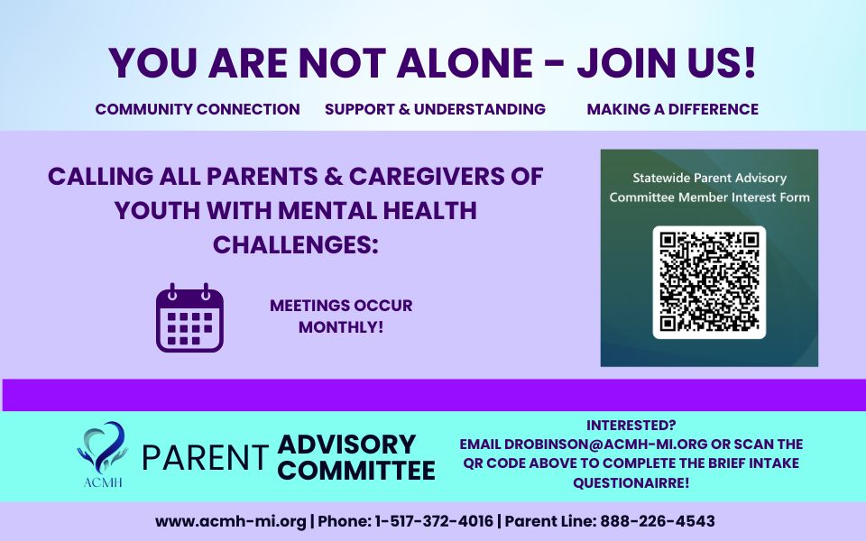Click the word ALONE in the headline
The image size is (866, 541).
click(465, 63)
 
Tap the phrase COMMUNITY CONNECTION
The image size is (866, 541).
click(198, 109)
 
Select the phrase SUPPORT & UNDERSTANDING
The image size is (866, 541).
click(435, 109)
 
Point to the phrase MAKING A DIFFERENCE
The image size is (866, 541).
click(673, 109)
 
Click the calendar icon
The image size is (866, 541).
click(190, 318)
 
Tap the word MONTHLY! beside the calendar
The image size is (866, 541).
click(341, 326)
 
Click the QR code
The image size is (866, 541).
click(709, 282)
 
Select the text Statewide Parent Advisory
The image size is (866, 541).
click(710, 178)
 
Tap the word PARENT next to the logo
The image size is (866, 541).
click(206, 458)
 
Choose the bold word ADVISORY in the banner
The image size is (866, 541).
click(346, 445)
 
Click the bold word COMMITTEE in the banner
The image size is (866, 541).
click(356, 471)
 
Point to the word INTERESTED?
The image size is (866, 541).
click(631, 426)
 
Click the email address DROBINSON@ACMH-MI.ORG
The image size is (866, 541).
click(606, 445)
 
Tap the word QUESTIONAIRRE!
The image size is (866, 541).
click(631, 483)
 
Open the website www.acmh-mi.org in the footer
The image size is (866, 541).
click(231, 521)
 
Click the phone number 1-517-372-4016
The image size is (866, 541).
click(434, 521)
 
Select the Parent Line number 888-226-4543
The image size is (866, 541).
click(658, 521)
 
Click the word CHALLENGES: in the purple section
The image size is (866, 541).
click(296, 245)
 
